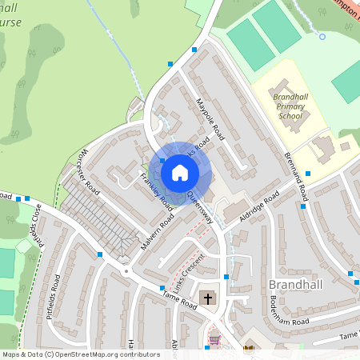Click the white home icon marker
180,172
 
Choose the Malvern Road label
157,230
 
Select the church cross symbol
207,299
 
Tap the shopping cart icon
214,340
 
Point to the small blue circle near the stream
322,36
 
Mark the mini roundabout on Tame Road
125,270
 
